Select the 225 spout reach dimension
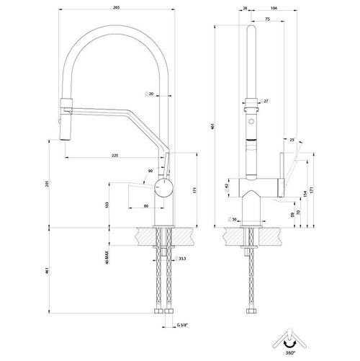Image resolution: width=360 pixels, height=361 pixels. pyautogui.click(x=115, y=154)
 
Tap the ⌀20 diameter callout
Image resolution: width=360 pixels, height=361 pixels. pyautogui.click(x=150, y=94)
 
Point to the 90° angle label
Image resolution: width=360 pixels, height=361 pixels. pyautogui.click(x=150, y=171)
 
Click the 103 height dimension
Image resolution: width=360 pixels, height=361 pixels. pyautogui.click(x=107, y=206)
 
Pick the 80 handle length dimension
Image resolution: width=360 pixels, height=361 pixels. pyautogui.click(x=146, y=206)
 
